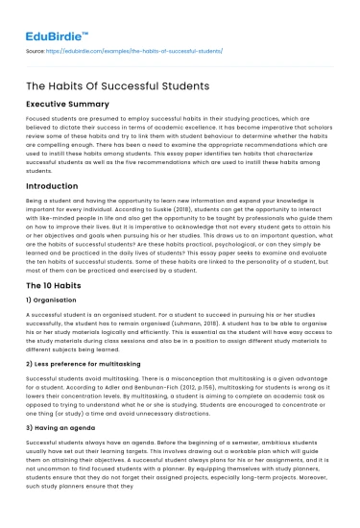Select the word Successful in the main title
click(133, 87)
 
